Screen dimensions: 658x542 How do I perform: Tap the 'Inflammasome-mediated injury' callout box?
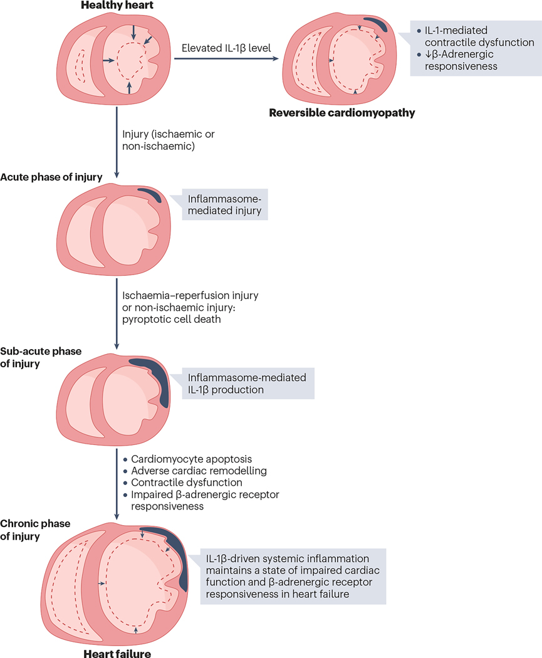click(224, 204)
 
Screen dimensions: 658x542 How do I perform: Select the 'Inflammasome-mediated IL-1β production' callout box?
click(247, 383)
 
